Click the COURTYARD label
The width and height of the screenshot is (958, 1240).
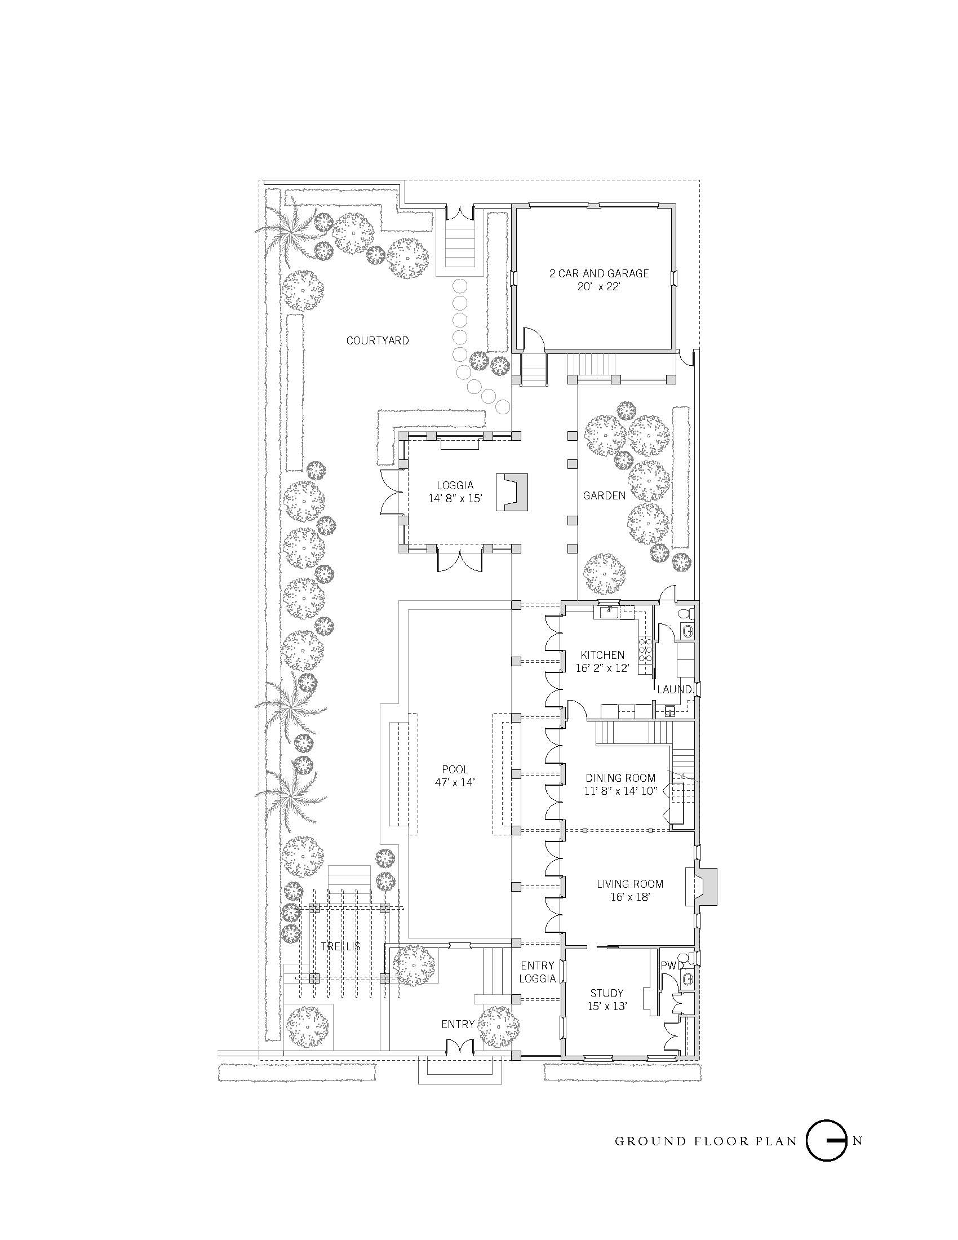click(x=378, y=340)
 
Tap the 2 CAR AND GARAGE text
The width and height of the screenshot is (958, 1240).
click(x=598, y=273)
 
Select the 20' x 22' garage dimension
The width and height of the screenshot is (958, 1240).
click(x=598, y=287)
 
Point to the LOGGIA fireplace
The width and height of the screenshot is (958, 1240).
click(x=511, y=492)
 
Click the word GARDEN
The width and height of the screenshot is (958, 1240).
click(x=604, y=495)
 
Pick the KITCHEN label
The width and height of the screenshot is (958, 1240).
click(x=602, y=655)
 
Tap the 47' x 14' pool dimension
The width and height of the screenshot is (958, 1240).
click(x=455, y=782)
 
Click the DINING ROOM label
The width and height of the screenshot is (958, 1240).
click(x=620, y=778)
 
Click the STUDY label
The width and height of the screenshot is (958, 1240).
click(x=607, y=993)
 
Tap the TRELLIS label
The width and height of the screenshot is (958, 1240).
click(x=340, y=946)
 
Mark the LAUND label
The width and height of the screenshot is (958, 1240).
click(x=674, y=690)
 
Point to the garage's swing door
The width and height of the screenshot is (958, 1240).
click(x=534, y=339)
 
